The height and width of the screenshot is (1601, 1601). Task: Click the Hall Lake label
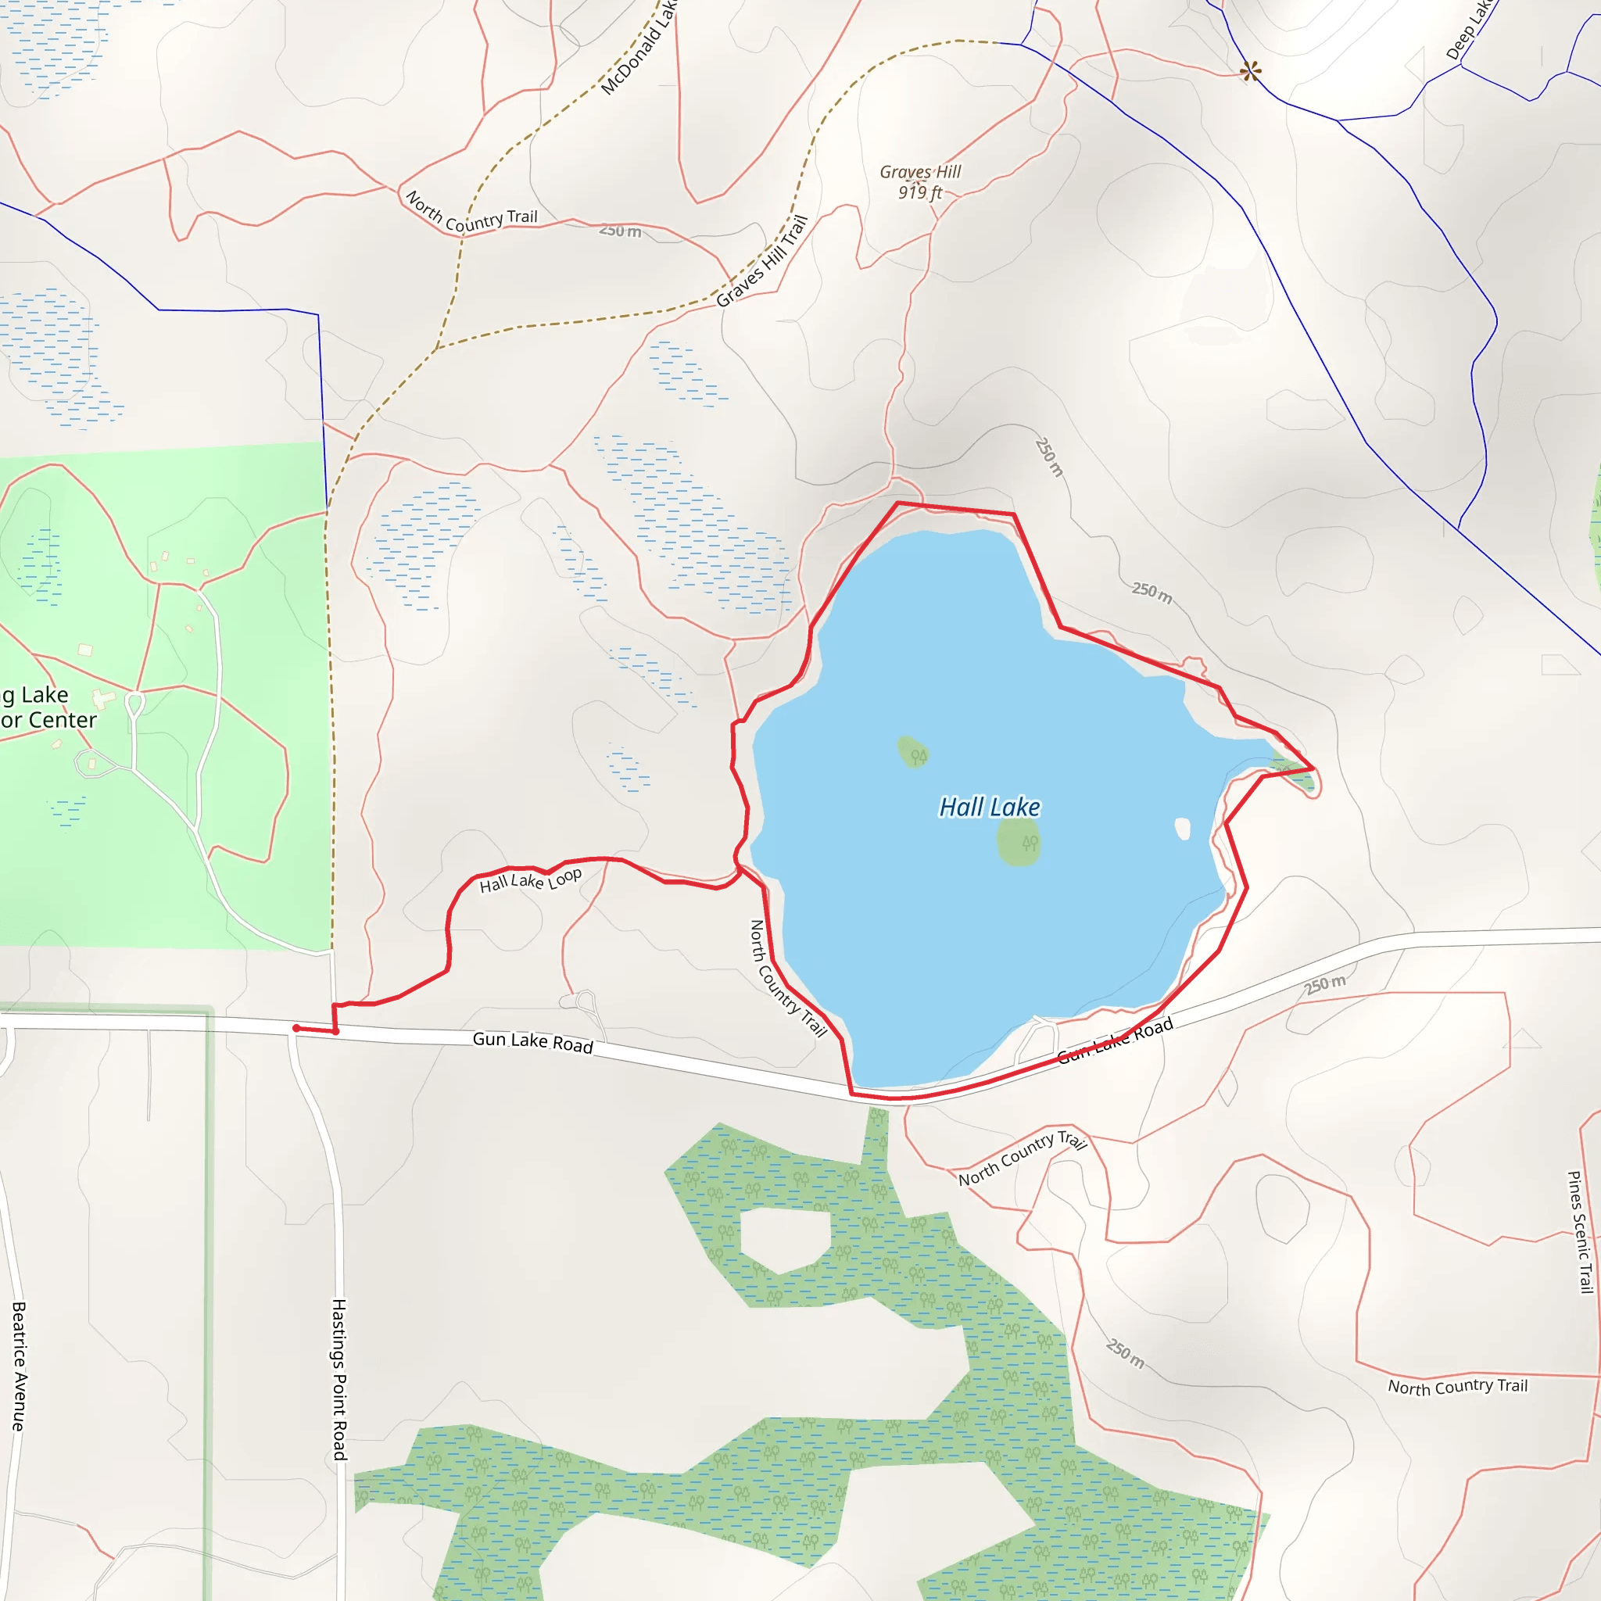tap(989, 807)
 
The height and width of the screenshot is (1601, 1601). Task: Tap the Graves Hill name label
tap(920, 171)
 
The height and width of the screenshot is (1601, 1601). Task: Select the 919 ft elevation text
tap(920, 193)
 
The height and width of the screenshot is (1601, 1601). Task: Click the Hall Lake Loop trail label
tap(530, 881)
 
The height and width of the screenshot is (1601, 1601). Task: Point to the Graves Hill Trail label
tap(761, 261)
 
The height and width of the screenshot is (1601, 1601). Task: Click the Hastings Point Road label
tap(339, 1379)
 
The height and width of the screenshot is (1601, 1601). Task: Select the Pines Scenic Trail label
tap(1579, 1231)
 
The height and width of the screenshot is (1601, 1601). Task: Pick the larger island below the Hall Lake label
tap(1019, 844)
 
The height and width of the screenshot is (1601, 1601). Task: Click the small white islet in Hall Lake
tap(1183, 829)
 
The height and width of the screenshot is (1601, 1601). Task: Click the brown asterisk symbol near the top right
tap(1251, 72)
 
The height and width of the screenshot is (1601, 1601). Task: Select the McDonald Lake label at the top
tap(639, 47)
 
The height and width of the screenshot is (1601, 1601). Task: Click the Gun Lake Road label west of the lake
tap(533, 1043)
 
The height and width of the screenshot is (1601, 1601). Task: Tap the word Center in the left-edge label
tap(61, 720)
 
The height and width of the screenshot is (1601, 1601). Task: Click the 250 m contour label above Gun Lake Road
tap(1325, 983)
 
